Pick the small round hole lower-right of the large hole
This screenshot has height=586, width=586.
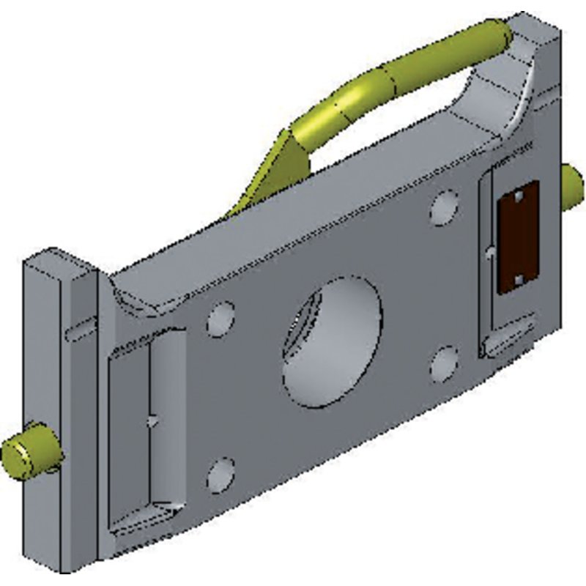pyautogui.click(x=445, y=365)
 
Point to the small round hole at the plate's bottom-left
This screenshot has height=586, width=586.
pyautogui.click(x=221, y=475)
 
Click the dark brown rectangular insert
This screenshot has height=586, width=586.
pyautogui.click(x=518, y=237)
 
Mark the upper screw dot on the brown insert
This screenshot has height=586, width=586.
pyautogui.click(x=518, y=196)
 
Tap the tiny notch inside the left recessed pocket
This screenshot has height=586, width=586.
pyautogui.click(x=152, y=421)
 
